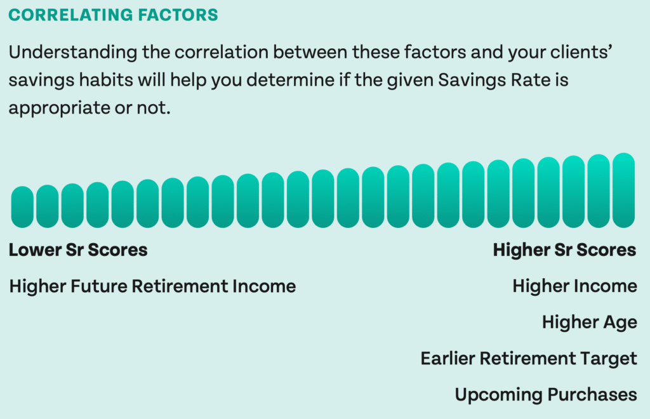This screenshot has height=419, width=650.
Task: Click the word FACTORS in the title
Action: click(178, 15)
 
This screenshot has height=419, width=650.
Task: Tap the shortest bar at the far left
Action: click(22, 207)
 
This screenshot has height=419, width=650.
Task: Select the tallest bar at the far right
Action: click(623, 190)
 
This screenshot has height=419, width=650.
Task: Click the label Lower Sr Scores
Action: click(78, 250)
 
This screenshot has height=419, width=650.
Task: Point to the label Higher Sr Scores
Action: click(564, 250)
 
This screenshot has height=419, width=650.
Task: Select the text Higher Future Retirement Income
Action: click(152, 286)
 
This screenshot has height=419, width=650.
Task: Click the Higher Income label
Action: click(574, 286)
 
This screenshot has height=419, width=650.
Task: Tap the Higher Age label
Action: click(590, 323)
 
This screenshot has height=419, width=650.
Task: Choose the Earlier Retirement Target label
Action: click(529, 359)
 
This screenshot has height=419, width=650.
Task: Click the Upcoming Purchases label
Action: click(546, 394)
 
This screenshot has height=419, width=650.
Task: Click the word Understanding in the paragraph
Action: click(73, 53)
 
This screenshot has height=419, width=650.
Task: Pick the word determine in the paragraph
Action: click(290, 79)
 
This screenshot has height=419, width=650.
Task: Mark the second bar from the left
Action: click(47, 206)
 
